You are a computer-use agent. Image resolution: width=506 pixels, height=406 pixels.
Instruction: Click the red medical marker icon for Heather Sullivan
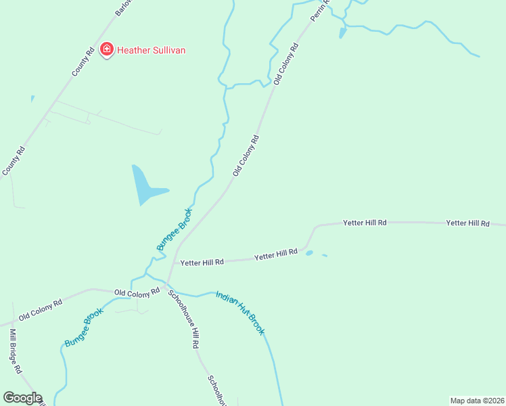coord(107,49)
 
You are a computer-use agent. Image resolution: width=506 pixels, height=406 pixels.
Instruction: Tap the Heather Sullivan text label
coord(152,50)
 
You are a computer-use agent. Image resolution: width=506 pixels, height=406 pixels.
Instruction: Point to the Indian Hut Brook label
coord(239,312)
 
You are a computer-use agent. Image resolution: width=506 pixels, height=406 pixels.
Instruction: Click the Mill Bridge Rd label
coord(16,351)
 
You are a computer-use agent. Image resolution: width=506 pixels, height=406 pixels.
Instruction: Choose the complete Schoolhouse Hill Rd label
coord(183,319)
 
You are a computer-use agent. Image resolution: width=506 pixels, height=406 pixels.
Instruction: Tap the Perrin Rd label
coord(319,10)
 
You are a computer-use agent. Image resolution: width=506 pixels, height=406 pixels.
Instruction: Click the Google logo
coord(22,398)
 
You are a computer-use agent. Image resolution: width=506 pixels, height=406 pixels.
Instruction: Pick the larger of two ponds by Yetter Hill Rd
coord(309,253)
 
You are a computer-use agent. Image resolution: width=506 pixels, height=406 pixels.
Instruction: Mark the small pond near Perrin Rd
coord(342,32)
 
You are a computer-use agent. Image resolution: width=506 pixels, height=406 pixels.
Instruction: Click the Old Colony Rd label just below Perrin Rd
coord(286,64)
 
